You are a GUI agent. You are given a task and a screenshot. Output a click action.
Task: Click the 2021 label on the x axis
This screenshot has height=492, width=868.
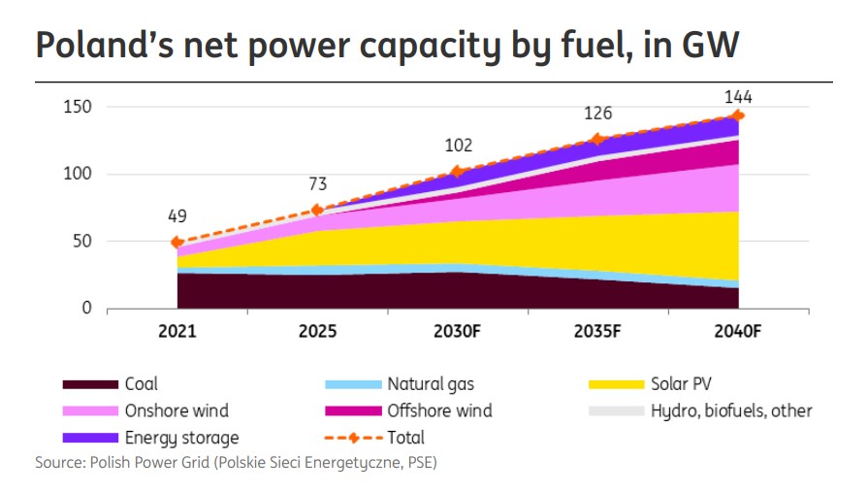pyautogui.click(x=177, y=331)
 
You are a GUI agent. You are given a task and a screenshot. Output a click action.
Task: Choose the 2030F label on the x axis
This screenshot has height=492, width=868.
pyautogui.click(x=457, y=331)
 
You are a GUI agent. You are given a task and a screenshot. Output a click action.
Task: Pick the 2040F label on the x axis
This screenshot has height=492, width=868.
pyautogui.click(x=736, y=331)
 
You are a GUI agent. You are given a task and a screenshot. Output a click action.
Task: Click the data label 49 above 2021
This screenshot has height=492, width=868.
pyautogui.click(x=177, y=216)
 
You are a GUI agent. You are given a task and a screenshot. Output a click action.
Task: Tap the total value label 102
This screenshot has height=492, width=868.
pyautogui.click(x=458, y=146)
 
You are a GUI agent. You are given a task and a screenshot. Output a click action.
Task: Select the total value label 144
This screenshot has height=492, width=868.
pyautogui.click(x=738, y=97)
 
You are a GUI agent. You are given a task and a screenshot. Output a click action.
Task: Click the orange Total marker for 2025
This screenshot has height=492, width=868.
pyautogui.click(x=317, y=210)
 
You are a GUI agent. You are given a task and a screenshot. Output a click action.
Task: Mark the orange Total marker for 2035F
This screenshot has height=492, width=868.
pyautogui.click(x=596, y=139)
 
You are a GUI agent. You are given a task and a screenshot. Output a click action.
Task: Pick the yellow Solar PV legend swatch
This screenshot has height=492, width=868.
pyautogui.click(x=617, y=384)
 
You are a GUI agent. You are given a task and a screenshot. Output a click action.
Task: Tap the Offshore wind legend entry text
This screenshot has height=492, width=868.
pyautogui.click(x=439, y=410)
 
